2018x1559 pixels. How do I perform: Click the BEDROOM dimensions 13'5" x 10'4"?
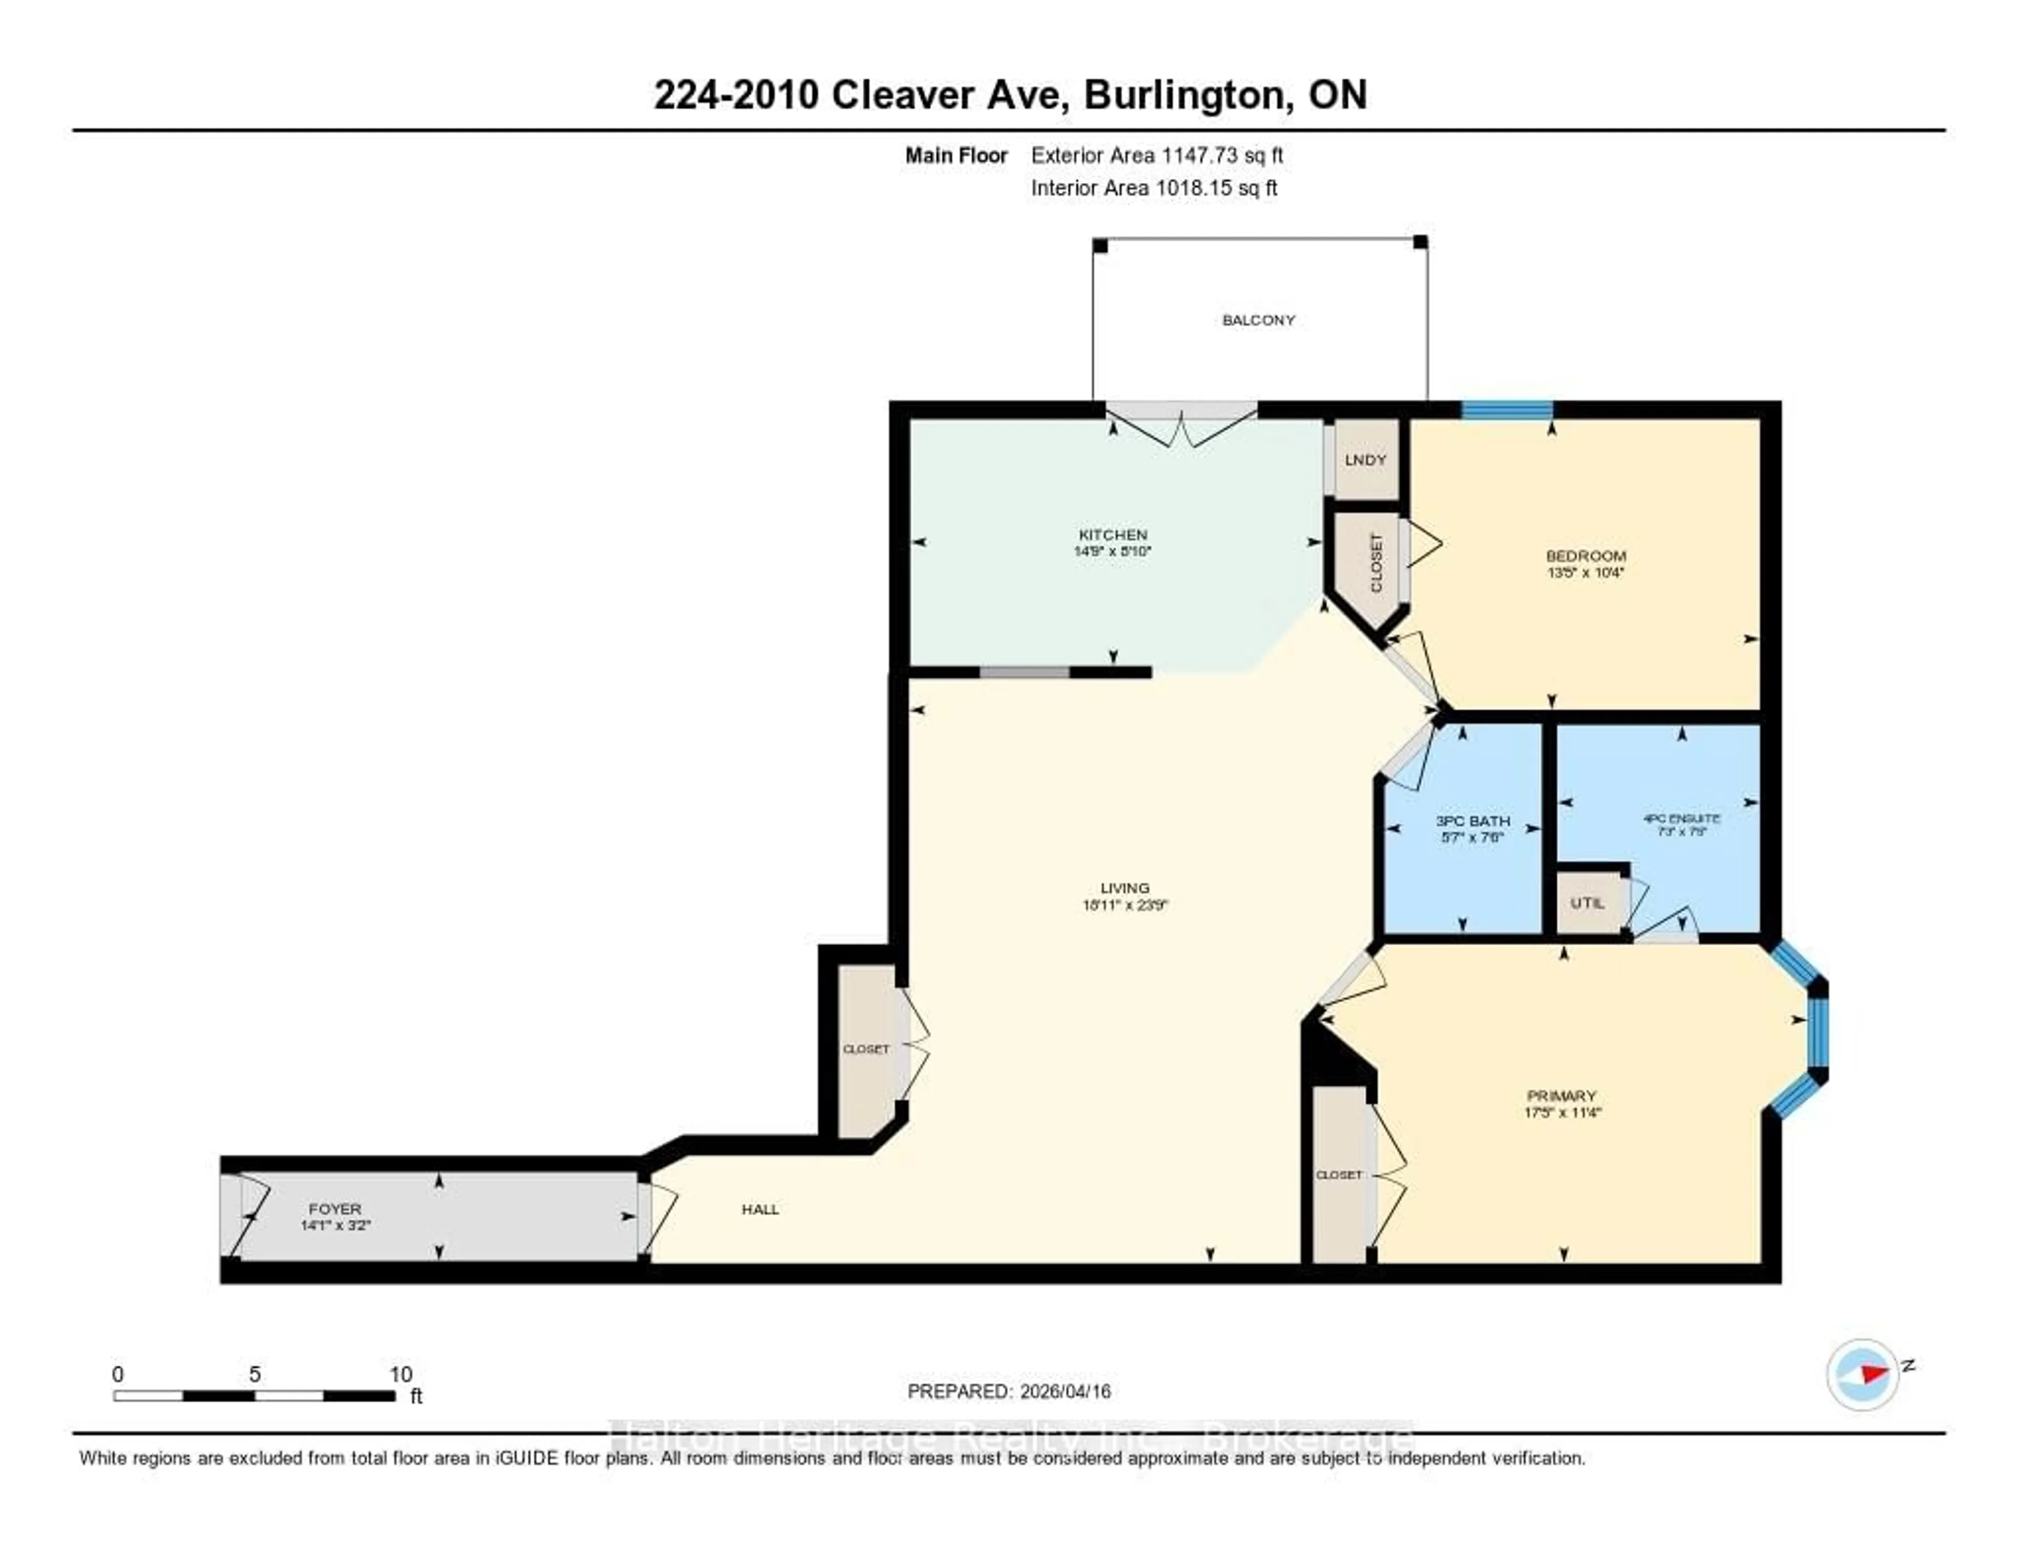[x=1585, y=572]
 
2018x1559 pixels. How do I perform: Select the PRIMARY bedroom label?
[x=1561, y=1095]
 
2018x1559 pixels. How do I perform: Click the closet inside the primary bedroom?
[x=1339, y=1175]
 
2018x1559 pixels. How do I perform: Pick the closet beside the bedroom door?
[x=1376, y=563]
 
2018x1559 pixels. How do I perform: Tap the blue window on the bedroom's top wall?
[x=1506, y=409]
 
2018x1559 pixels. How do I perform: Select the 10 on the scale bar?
[x=400, y=1374]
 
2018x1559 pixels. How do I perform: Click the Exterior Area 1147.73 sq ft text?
[x=1157, y=155]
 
